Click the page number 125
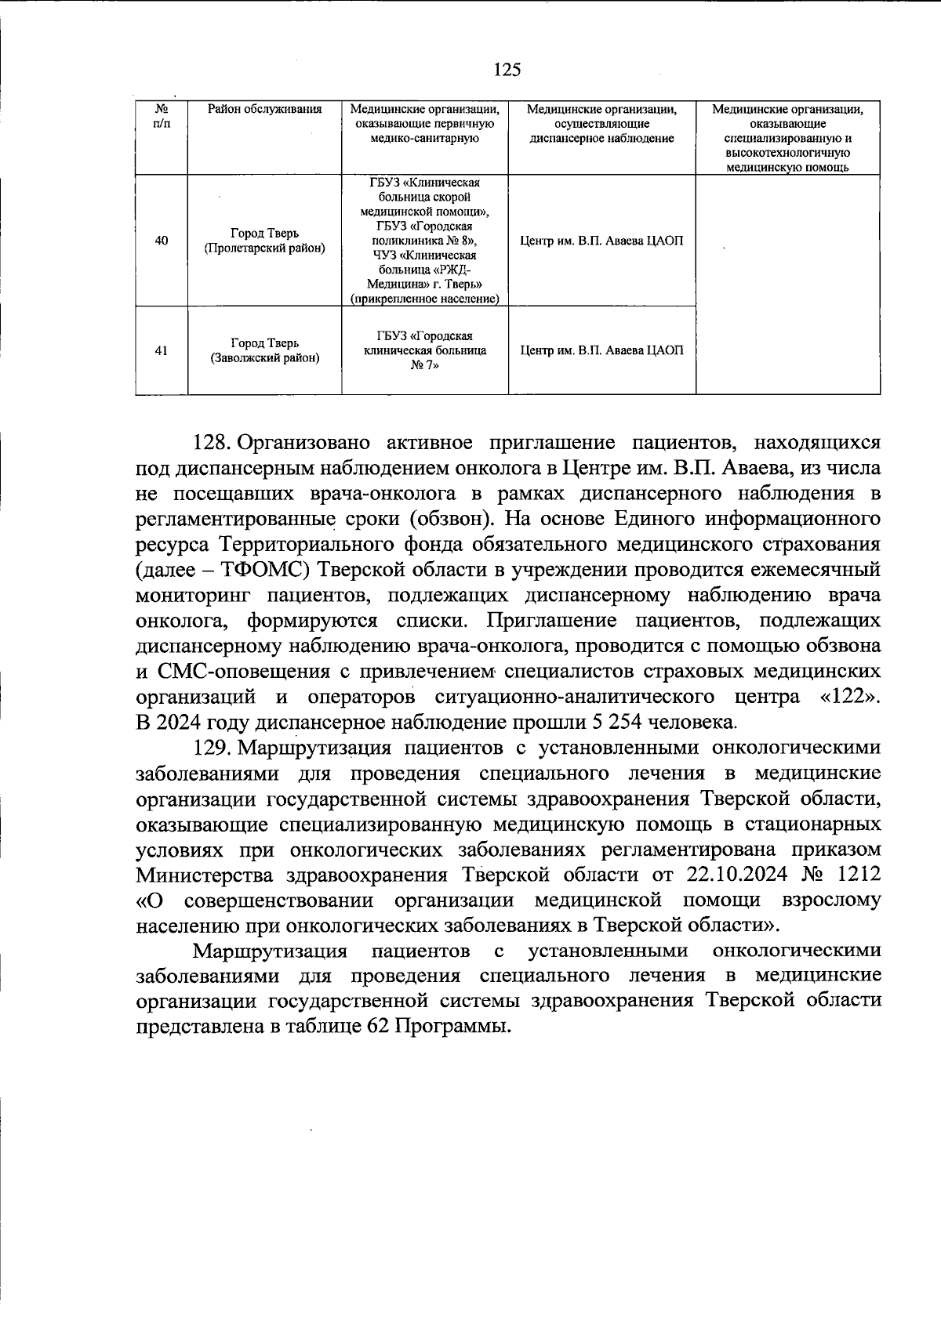tap(507, 71)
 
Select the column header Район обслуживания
tap(264, 110)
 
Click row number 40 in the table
tap(161, 241)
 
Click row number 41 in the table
tap(161, 351)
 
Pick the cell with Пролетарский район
tap(264, 241)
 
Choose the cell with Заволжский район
tap(264, 351)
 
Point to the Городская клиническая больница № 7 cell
tap(425, 351)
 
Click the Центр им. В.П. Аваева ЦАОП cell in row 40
tap(601, 241)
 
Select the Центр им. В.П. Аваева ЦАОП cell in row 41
tap(601, 351)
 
